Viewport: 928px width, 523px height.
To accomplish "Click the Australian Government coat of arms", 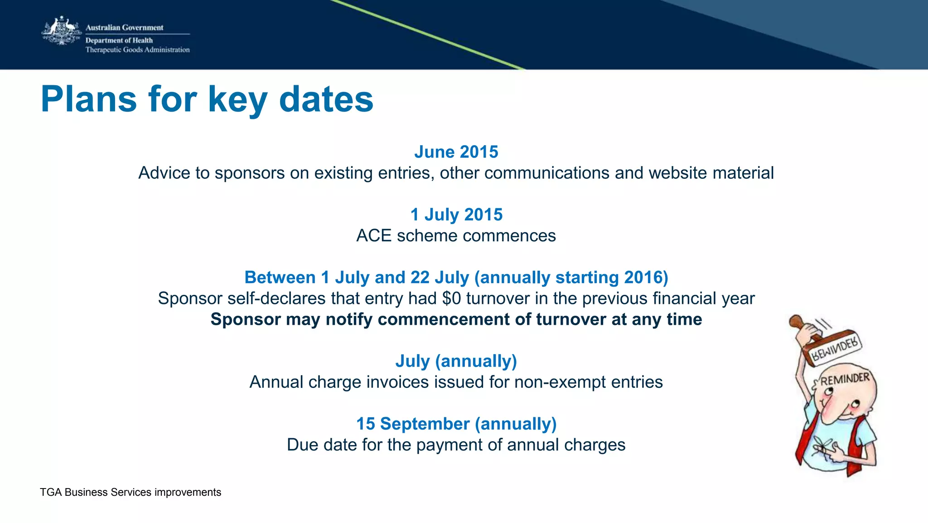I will click(x=62, y=31).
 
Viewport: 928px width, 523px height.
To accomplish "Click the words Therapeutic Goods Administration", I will click(x=137, y=50).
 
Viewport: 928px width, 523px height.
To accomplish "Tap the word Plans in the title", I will click(x=89, y=99).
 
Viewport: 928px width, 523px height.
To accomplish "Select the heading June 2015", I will click(x=456, y=152).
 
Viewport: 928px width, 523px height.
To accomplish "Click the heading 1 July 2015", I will click(x=456, y=215).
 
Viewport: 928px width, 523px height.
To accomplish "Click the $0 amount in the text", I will click(x=451, y=298).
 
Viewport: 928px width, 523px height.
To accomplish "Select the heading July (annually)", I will click(x=456, y=361).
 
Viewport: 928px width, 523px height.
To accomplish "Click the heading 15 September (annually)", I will click(x=456, y=424).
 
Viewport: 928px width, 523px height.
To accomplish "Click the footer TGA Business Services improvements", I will click(x=130, y=492).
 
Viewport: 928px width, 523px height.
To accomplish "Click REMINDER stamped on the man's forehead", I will click(x=845, y=379).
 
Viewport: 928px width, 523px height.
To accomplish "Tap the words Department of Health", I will click(x=119, y=40).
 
